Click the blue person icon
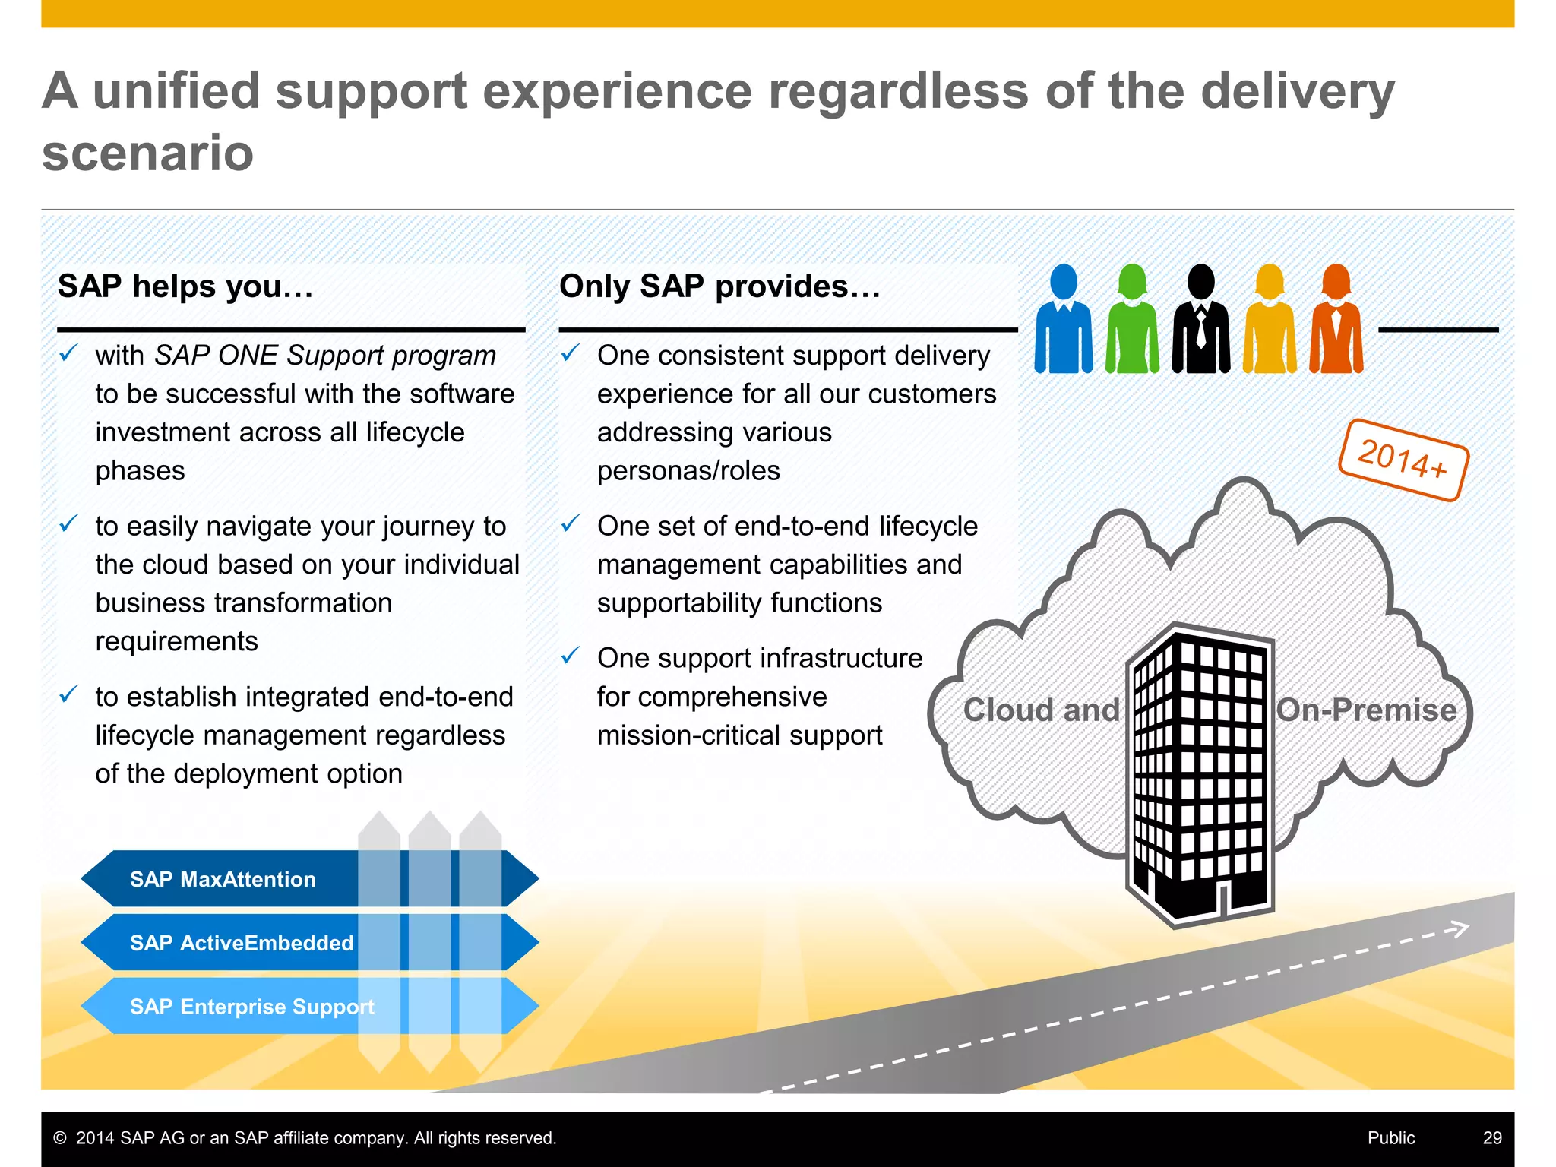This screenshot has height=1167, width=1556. (x=1064, y=319)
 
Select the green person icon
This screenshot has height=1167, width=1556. (x=1132, y=319)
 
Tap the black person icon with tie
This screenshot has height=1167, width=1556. (x=1200, y=319)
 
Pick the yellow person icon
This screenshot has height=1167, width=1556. (x=1270, y=319)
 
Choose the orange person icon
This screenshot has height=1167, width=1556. (x=1336, y=319)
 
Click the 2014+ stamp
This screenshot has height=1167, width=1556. (x=1403, y=460)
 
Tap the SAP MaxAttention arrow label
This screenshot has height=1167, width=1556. (x=223, y=879)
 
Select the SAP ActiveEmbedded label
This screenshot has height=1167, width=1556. (x=242, y=943)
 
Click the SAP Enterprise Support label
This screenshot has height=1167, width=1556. (x=252, y=1007)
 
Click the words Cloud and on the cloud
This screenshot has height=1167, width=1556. (x=1041, y=710)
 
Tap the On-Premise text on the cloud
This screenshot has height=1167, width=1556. (x=1366, y=710)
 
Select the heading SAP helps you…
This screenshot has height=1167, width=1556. (x=185, y=286)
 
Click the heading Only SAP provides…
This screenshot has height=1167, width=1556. (x=719, y=286)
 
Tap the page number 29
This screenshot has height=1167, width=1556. (x=1492, y=1137)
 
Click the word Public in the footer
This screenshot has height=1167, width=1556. (x=1391, y=1137)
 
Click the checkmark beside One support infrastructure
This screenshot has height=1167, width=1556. (x=571, y=655)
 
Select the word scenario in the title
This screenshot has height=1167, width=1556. (x=147, y=153)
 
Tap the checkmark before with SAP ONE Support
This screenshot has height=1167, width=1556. (x=68, y=353)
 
